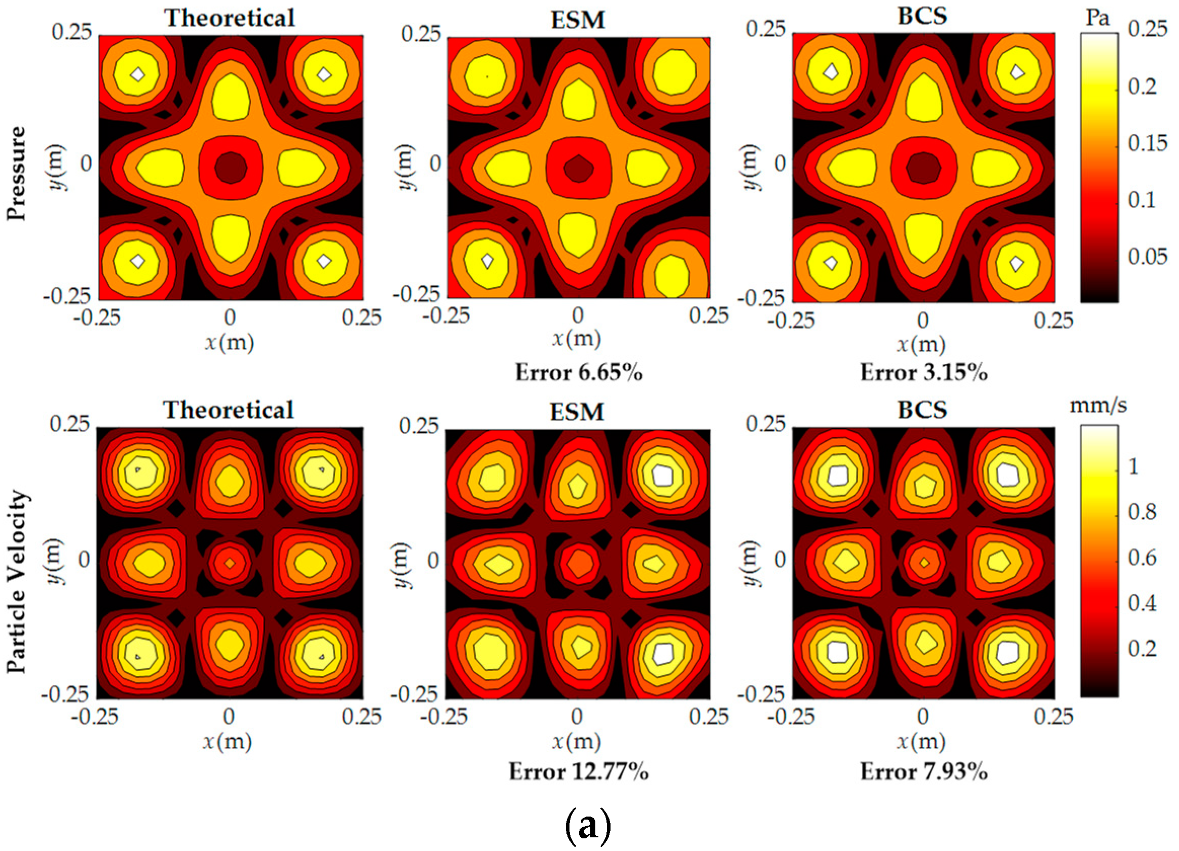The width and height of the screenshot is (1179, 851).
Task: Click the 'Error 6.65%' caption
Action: point(578,373)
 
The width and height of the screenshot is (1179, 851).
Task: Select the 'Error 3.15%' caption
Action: point(923,373)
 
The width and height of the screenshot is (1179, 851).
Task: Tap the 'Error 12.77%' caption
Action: point(578,771)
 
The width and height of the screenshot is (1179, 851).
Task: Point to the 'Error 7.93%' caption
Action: point(923,771)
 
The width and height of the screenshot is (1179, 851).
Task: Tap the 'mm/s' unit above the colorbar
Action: point(1098,405)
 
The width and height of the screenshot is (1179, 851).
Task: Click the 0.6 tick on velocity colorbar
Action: point(1142,557)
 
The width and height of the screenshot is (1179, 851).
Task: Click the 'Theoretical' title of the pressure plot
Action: point(230,18)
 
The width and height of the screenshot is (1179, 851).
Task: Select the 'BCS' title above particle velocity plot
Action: point(922,410)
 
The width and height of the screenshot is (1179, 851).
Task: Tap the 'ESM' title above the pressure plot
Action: point(578,20)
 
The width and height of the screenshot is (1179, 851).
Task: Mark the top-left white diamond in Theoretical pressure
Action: point(137,74)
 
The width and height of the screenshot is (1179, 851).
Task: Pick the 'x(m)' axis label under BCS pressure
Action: point(921,343)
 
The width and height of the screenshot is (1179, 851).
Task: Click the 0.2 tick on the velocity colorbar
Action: point(1142,648)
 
